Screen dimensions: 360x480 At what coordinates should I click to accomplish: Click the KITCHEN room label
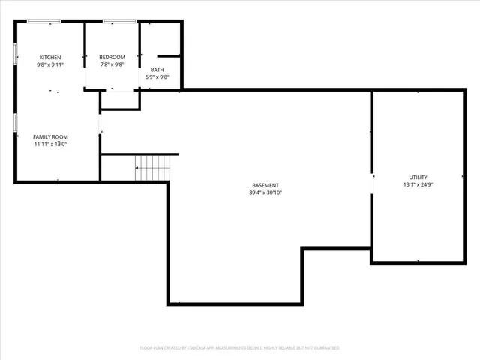click(50, 58)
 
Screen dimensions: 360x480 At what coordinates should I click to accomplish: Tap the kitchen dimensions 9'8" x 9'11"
click(50, 65)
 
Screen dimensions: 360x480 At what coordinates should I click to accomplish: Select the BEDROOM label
click(112, 58)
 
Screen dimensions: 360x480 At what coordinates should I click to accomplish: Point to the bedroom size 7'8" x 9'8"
click(112, 65)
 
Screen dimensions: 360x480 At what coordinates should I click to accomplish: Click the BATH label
click(157, 70)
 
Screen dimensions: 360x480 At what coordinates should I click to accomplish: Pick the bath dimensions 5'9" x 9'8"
click(157, 77)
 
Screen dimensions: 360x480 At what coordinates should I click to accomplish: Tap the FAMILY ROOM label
click(50, 137)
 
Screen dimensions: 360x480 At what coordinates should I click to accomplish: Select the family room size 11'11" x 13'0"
click(50, 145)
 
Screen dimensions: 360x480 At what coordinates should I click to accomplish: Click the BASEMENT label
click(265, 185)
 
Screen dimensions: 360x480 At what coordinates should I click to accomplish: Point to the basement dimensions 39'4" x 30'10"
click(265, 193)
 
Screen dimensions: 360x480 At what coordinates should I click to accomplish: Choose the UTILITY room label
click(418, 177)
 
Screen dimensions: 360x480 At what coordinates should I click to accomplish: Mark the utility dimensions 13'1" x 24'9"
click(418, 184)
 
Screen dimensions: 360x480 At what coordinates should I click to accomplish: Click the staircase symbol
click(153, 168)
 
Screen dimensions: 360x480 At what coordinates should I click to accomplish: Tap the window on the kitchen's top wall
click(44, 21)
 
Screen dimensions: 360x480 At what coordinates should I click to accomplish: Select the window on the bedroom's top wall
click(118, 21)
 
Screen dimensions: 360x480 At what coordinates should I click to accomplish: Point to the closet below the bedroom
click(120, 100)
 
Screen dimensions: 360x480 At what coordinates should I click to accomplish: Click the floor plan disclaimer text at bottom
click(239, 348)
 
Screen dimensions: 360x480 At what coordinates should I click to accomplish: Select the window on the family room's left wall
click(16, 123)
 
